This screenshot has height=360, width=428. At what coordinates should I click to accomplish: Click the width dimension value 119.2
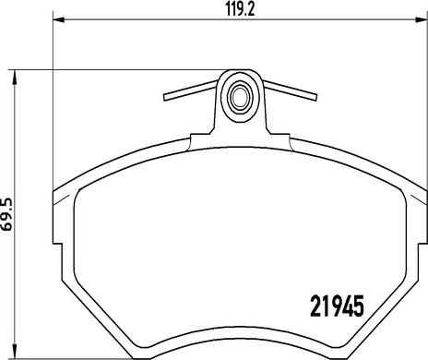pos(241,9)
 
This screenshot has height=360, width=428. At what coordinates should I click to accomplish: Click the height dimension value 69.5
pos(6,214)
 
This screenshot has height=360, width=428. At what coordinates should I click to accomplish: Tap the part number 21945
pos(338,306)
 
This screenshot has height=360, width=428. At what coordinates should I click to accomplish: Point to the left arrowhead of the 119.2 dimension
pos(59,20)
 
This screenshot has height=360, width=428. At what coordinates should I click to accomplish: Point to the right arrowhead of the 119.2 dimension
pos(418,20)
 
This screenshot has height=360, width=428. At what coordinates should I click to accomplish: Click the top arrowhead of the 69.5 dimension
pos(14,76)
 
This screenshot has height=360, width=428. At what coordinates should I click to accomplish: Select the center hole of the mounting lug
pos(240,97)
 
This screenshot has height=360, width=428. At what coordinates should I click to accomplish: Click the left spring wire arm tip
pos(165,97)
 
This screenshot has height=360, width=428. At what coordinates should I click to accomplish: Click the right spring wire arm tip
pos(315,97)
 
